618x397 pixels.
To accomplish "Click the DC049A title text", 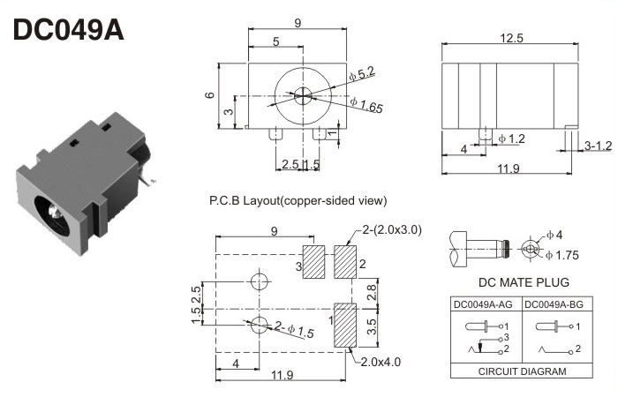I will [x=69, y=30].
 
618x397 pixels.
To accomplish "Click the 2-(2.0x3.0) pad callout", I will [x=392, y=230].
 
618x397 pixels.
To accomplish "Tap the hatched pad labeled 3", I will [x=315, y=262].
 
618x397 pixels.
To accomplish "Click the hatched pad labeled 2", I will [x=345, y=262].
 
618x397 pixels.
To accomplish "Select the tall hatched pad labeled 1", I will [x=345, y=325].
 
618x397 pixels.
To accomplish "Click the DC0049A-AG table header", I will [x=485, y=305].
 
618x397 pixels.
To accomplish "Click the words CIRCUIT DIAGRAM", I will [x=522, y=371].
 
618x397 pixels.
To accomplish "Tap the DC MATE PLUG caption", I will [x=524, y=283].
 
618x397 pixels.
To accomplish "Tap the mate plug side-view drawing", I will [x=476, y=249].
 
